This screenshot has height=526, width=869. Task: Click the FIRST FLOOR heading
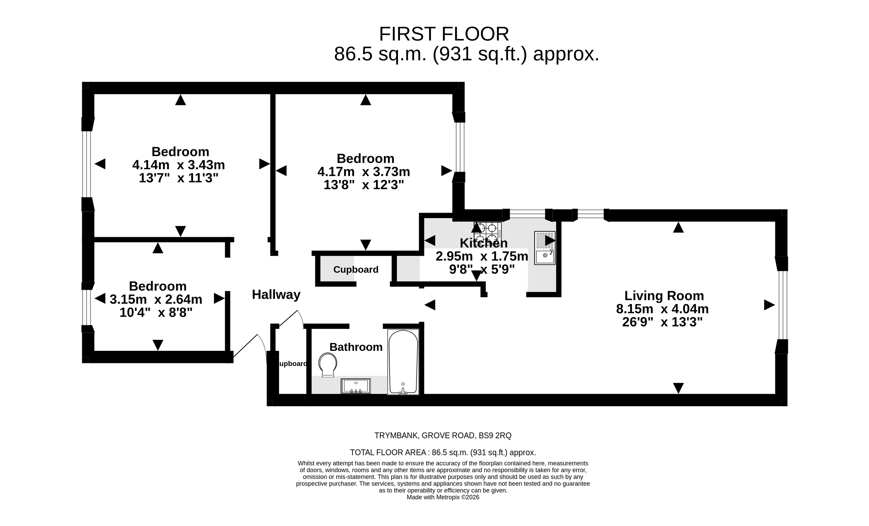(444, 34)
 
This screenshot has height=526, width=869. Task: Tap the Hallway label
(276, 294)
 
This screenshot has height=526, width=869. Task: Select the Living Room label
(664, 296)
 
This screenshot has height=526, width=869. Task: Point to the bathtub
(403, 362)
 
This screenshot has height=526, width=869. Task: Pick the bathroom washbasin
(356, 386)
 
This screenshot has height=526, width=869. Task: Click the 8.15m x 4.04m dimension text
(662, 309)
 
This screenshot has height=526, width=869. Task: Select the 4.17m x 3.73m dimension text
(364, 172)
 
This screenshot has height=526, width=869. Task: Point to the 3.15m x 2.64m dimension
(156, 299)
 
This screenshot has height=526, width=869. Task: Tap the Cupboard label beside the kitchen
(356, 269)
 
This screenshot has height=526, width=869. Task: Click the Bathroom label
(356, 347)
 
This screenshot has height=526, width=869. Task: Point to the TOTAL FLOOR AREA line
(443, 453)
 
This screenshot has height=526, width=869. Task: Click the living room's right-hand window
(782, 305)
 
